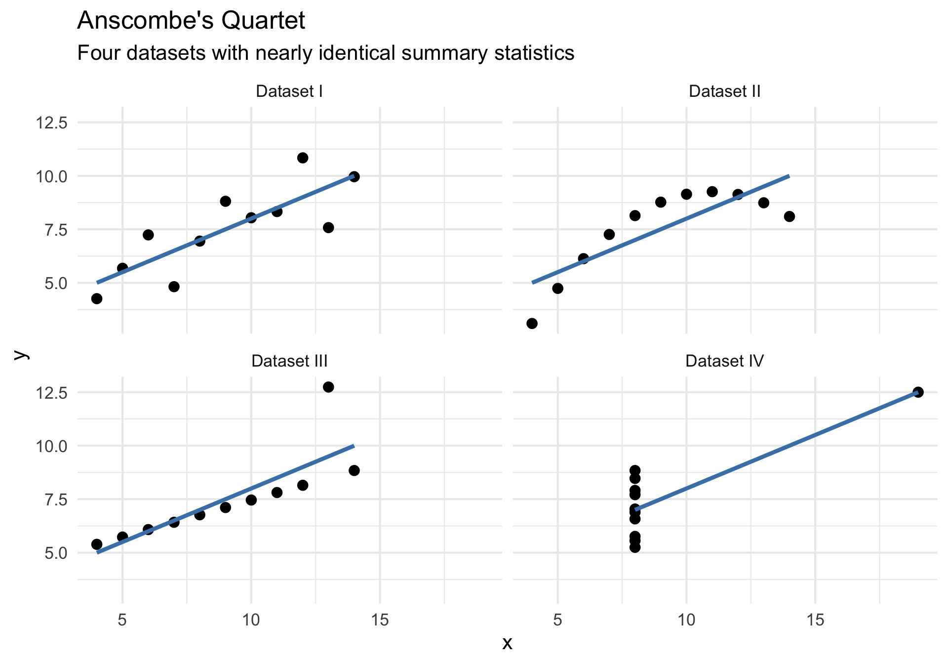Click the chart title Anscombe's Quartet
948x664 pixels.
(x=191, y=21)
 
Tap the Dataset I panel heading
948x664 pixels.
(x=289, y=91)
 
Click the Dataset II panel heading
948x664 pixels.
(x=724, y=91)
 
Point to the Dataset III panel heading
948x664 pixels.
(x=289, y=361)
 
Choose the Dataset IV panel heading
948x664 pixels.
(x=724, y=361)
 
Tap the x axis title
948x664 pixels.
(x=507, y=643)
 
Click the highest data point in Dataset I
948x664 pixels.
(x=303, y=158)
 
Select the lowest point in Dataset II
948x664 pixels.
(x=532, y=324)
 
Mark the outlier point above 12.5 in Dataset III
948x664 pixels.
(x=328, y=387)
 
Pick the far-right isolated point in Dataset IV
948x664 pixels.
(x=918, y=392)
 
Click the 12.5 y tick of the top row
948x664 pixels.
(x=51, y=123)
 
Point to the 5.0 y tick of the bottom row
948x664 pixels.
(x=55, y=553)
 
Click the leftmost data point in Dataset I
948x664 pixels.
(x=97, y=298)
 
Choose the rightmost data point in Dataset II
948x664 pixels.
(x=789, y=216)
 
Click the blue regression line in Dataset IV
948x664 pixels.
(x=776, y=451)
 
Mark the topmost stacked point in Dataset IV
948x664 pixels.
(x=635, y=470)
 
